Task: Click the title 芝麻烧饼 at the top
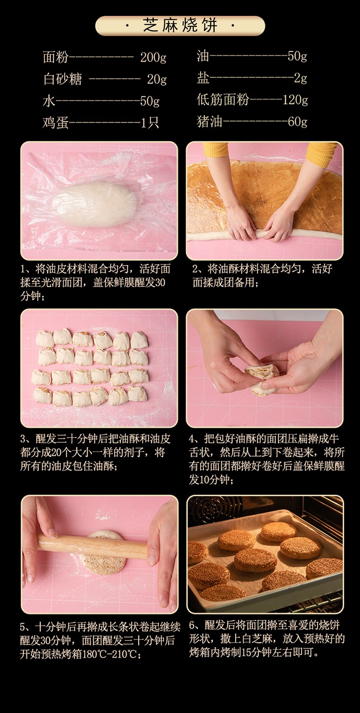pyautogui.click(x=180, y=25)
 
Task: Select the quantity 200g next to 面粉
pyautogui.click(x=153, y=57)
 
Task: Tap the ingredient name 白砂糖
pyautogui.click(x=62, y=79)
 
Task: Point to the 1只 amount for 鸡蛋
pyautogui.click(x=150, y=122)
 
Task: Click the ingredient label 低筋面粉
pyautogui.click(x=223, y=100)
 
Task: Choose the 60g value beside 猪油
pyautogui.click(x=297, y=121)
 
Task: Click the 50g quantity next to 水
pyautogui.click(x=150, y=101)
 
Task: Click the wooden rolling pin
pyautogui.click(x=92, y=546)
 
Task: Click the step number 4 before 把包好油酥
pyautogui.click(x=192, y=439)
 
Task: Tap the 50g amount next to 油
pyautogui.click(x=297, y=56)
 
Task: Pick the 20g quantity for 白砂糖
pyautogui.click(x=156, y=79)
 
